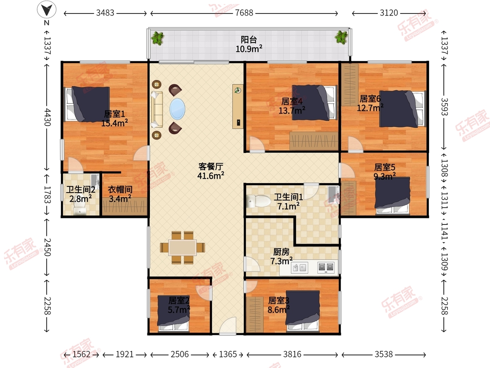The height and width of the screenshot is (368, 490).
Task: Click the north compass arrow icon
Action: (x=47, y=9)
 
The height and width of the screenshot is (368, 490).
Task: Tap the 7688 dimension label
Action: (x=244, y=13)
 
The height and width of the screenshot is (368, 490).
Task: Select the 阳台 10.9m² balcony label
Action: (x=249, y=44)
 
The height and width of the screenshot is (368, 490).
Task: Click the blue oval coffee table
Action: (x=177, y=109)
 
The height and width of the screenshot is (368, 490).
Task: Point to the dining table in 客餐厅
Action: (x=183, y=247)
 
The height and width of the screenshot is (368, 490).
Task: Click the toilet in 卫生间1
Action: (x=258, y=201)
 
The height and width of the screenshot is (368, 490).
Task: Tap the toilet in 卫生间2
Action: (x=80, y=206)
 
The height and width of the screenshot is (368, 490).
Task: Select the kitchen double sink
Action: (x=299, y=267)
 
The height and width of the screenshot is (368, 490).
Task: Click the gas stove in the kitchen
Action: (x=326, y=267)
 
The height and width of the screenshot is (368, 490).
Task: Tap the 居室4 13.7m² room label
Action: (x=292, y=106)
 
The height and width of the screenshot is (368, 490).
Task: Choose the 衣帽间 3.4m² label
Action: (x=120, y=194)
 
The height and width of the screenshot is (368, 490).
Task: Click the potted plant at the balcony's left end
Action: (x=158, y=38)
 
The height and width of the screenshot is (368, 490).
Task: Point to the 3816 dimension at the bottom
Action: (x=292, y=355)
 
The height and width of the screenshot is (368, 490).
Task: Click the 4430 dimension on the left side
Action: (x=47, y=117)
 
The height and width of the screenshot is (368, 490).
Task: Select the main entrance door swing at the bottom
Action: (x=228, y=326)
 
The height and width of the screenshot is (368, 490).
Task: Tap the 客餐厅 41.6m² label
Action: (x=211, y=171)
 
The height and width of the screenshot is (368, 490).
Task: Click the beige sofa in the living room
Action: (x=157, y=110)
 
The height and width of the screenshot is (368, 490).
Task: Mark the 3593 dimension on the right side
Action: (x=444, y=107)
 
